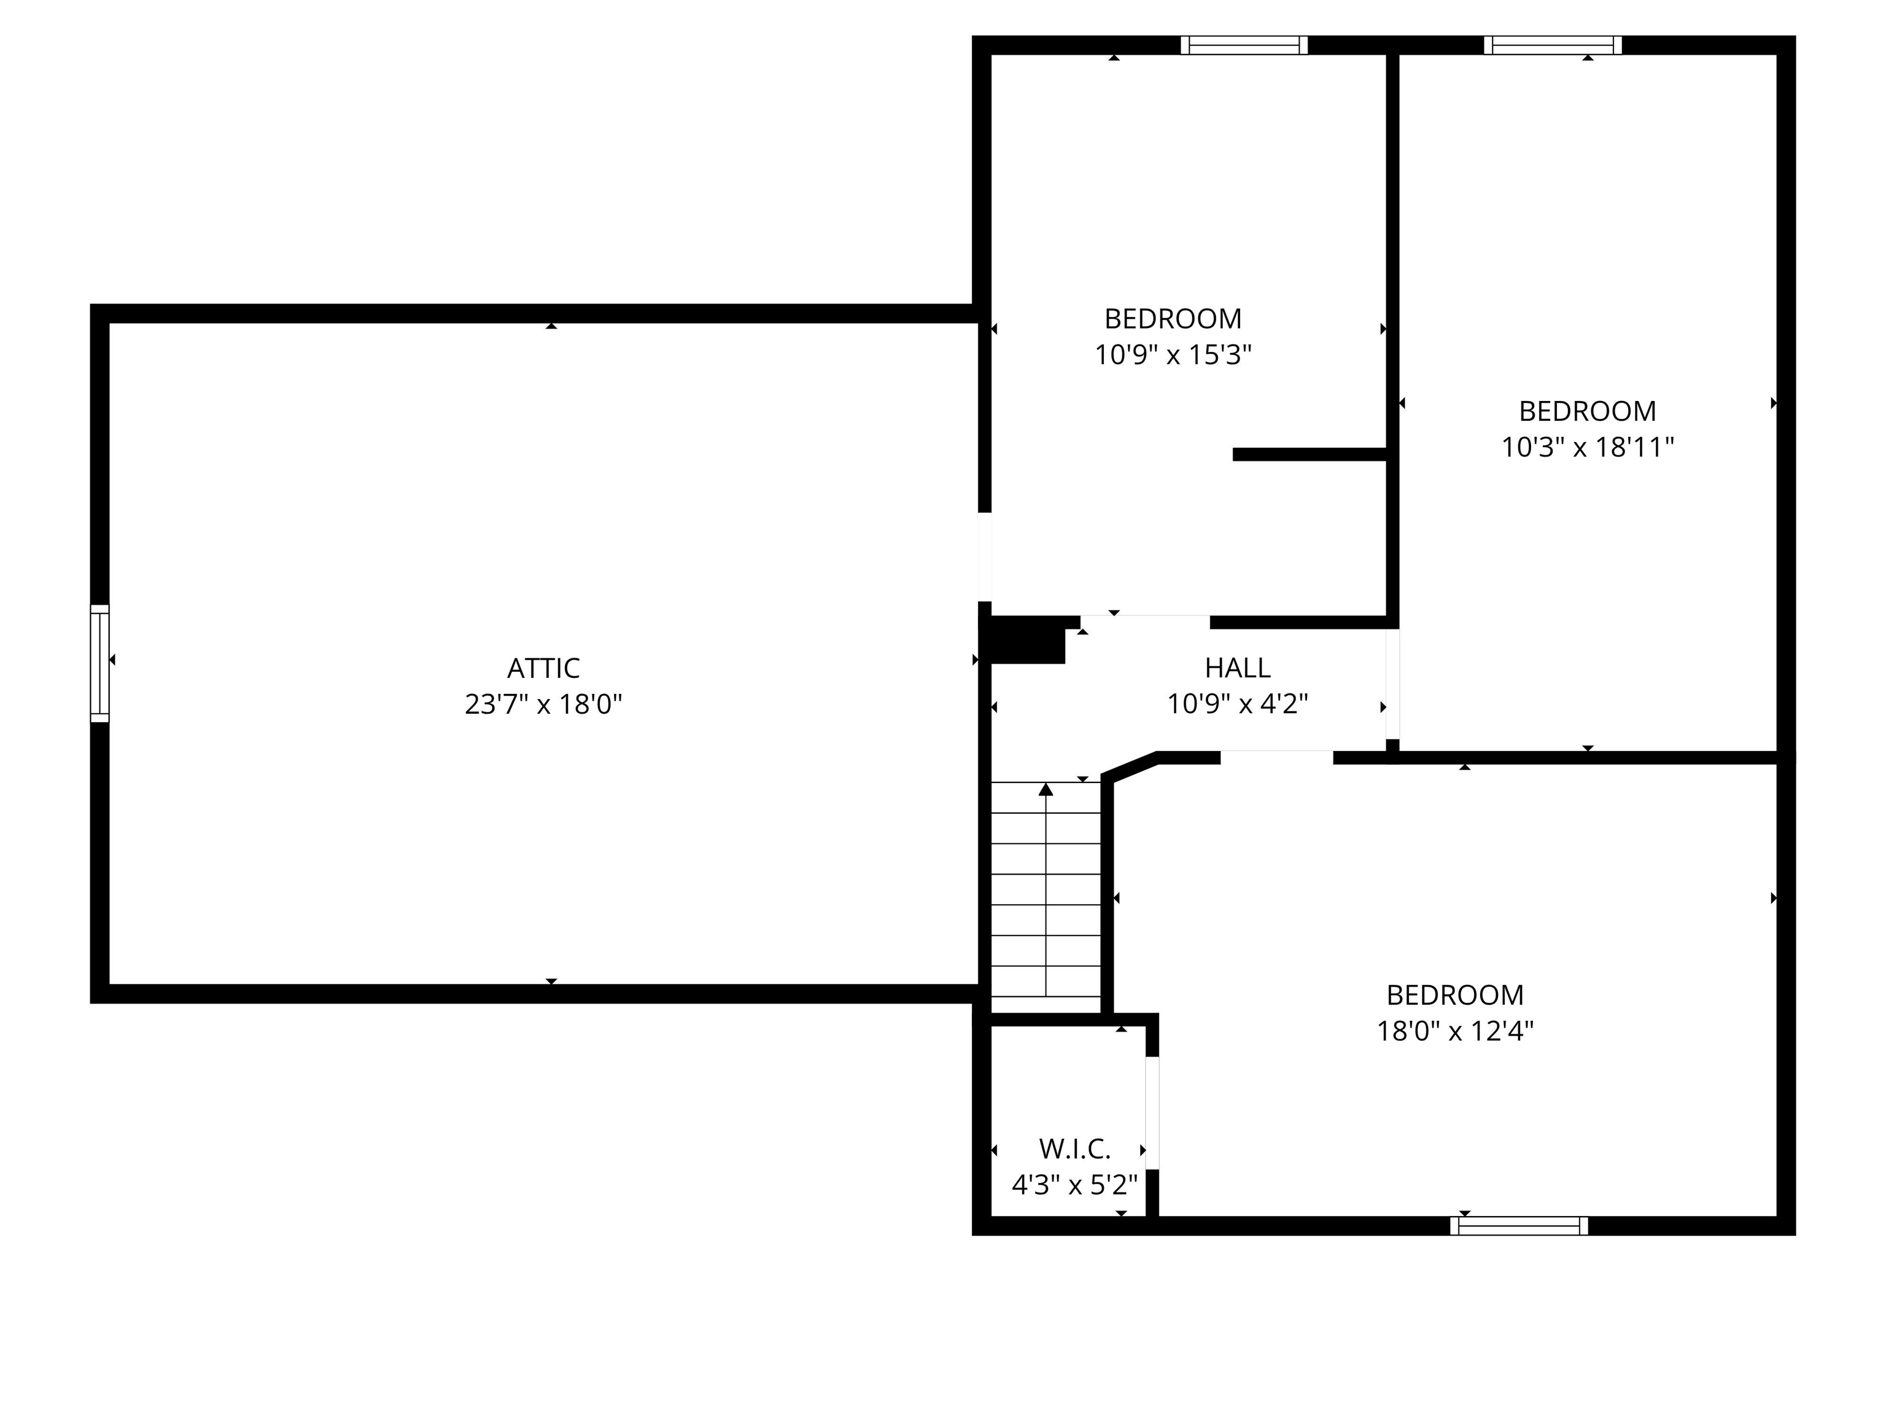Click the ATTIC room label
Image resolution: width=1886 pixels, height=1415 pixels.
coord(543,668)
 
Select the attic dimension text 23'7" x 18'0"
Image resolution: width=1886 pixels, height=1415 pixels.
coord(543,704)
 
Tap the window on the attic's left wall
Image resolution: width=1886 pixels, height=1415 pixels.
coord(99,663)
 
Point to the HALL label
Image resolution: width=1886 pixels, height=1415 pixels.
coord(1237,667)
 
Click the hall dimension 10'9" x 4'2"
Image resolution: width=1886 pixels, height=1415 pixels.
coord(1237,704)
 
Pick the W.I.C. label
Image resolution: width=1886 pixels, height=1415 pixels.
coord(1074,1149)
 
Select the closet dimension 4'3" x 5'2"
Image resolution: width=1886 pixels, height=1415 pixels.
coord(1074,1185)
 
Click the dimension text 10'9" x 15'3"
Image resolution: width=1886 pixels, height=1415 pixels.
coord(1173,355)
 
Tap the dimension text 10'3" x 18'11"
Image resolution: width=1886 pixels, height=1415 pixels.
coord(1587,447)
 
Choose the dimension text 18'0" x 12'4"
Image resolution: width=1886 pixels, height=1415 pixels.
coord(1454,1031)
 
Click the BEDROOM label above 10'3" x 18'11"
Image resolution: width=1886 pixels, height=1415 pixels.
coord(1587,411)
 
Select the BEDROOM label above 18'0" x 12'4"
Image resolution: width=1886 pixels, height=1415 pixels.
coord(1454,994)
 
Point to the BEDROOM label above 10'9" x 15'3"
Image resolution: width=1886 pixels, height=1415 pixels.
coord(1173,319)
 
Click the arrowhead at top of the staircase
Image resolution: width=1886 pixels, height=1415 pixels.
coord(1046,789)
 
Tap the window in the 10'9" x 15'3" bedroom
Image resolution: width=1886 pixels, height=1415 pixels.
coord(1244,45)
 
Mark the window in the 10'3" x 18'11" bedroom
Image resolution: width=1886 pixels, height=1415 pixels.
coord(1552,45)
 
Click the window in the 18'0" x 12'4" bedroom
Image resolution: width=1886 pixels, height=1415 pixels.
coord(1518,1226)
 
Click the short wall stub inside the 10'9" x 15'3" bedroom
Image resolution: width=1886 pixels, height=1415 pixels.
coord(1309,454)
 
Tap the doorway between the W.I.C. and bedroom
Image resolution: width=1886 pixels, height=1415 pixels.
coord(1152,1112)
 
